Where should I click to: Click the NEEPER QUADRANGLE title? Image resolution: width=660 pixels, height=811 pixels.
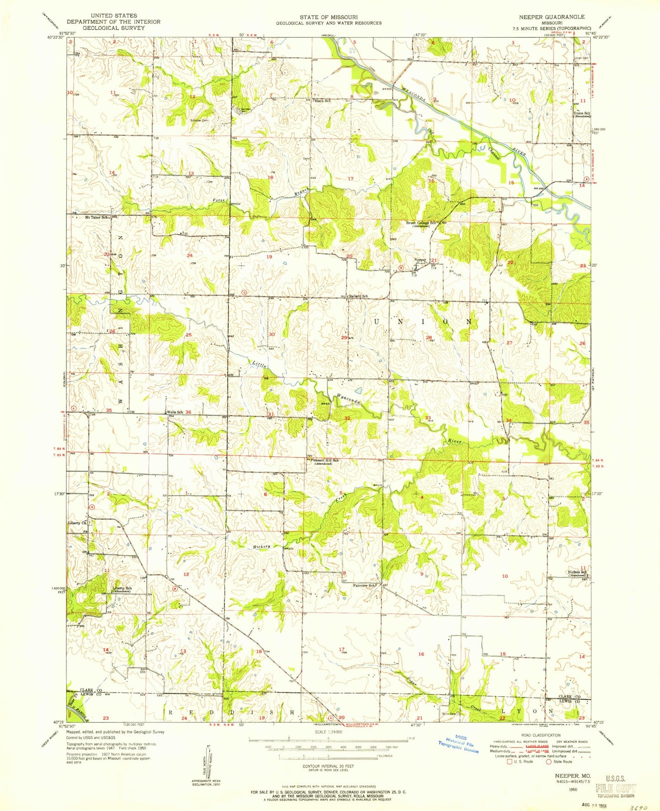point(551,17)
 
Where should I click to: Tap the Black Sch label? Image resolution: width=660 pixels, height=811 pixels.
point(322,101)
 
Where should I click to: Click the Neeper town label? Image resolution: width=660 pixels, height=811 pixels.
point(420,260)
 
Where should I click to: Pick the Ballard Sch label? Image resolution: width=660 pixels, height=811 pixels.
point(359,296)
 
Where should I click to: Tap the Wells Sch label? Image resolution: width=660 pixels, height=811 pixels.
point(175,413)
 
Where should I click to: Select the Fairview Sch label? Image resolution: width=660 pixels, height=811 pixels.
point(364,585)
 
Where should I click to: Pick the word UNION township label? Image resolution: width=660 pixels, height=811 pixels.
point(422,322)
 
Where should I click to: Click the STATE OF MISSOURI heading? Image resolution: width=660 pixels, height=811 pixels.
point(328,17)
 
